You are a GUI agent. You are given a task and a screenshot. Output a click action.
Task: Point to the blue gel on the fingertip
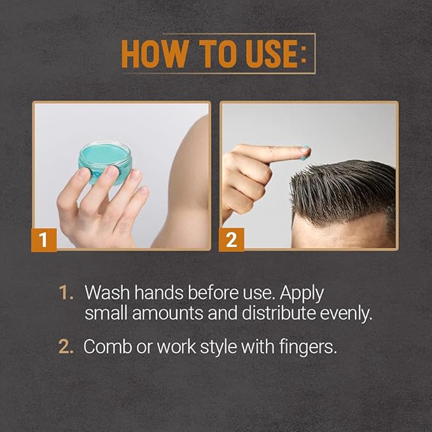pyautogui.click(x=306, y=151)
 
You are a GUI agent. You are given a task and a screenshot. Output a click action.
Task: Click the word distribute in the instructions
pyautogui.click(x=269, y=314)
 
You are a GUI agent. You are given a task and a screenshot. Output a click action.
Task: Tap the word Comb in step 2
pyautogui.click(x=105, y=347)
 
